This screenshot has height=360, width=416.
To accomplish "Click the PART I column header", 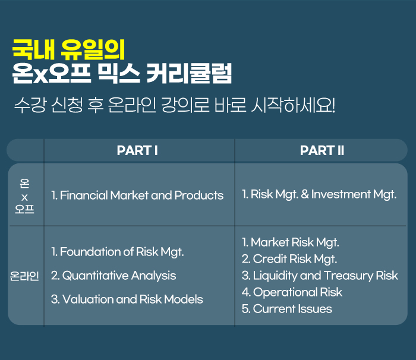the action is [x=137, y=150].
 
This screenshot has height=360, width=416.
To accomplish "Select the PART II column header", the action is [x=322, y=150].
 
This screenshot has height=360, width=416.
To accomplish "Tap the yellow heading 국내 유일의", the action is [x=68, y=50].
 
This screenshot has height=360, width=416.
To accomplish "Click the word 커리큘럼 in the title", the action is [x=189, y=74].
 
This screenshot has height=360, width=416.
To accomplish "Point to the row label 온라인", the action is [x=24, y=276].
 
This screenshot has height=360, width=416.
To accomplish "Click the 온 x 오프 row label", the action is [x=24, y=196].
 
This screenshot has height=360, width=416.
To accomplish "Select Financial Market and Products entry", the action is [x=137, y=195].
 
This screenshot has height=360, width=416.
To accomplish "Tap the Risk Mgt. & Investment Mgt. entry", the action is [x=319, y=194].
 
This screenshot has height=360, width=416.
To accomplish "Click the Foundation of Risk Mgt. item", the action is [x=117, y=252].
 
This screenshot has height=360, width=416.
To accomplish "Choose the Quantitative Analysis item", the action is [x=114, y=276].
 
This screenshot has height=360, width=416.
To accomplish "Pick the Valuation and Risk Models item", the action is [x=127, y=299].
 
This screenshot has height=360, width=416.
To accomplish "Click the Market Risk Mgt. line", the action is [x=290, y=242].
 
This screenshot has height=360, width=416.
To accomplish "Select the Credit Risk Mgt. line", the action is [x=289, y=259].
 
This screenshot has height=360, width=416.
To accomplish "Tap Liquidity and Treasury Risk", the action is [x=320, y=276].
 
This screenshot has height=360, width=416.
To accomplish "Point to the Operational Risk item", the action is [x=292, y=292].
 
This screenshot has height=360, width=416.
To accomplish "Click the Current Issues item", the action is [x=287, y=309].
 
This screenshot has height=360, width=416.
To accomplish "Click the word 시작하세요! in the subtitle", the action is [x=293, y=105].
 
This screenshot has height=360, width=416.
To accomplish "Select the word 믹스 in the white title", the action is [x=118, y=74].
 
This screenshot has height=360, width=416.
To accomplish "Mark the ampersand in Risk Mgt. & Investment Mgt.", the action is [x=305, y=194].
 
